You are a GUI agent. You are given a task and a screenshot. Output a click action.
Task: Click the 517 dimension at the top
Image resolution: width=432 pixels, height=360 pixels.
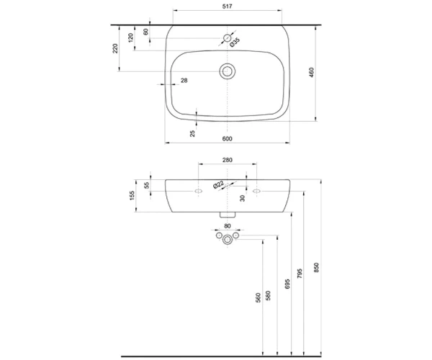tap(228, 6)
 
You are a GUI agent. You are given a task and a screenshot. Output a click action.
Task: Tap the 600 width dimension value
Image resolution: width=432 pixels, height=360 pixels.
tap(227, 138)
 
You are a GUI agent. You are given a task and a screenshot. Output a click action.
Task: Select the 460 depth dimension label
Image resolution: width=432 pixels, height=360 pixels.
tap(312, 73)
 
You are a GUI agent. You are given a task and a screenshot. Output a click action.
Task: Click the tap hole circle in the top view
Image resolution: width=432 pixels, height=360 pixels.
tap(227, 38)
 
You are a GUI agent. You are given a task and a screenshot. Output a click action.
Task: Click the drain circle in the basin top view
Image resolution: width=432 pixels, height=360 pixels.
tap(227, 71)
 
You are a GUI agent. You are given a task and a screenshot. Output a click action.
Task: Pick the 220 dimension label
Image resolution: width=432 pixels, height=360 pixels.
tap(115, 48)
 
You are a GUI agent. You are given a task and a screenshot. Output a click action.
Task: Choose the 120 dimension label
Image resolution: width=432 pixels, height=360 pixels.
tap(130, 37)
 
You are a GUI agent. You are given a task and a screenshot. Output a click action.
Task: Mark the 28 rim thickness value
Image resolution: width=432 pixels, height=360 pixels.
tap(184, 81)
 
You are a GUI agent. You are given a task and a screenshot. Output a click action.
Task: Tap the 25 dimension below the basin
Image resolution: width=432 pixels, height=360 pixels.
tap(192, 133)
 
